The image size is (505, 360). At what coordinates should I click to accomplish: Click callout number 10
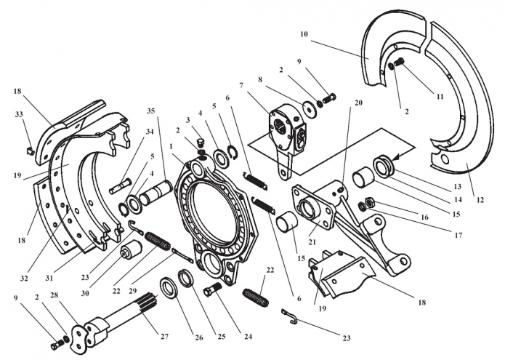(x=304, y=34)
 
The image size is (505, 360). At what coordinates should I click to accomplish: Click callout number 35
(x=151, y=111)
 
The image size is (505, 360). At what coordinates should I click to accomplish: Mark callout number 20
(x=357, y=103)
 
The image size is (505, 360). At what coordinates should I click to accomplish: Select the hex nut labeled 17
(x=367, y=202)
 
